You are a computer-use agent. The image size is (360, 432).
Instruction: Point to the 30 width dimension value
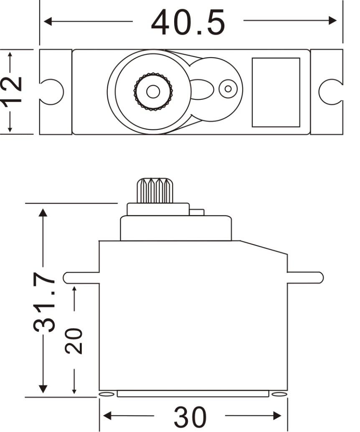(190, 416)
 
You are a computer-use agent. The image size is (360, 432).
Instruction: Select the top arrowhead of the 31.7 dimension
(43, 212)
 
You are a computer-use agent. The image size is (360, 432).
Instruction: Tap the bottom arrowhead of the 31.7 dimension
(43, 389)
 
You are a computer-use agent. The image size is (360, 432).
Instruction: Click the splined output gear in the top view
(153, 92)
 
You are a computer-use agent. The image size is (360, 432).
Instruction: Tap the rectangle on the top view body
(276, 92)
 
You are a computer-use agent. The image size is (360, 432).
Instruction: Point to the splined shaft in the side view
(155, 191)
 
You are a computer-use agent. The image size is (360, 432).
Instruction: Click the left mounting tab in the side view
(81, 278)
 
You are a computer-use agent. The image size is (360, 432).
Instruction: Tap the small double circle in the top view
(228, 88)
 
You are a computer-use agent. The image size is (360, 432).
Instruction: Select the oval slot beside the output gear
(202, 89)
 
